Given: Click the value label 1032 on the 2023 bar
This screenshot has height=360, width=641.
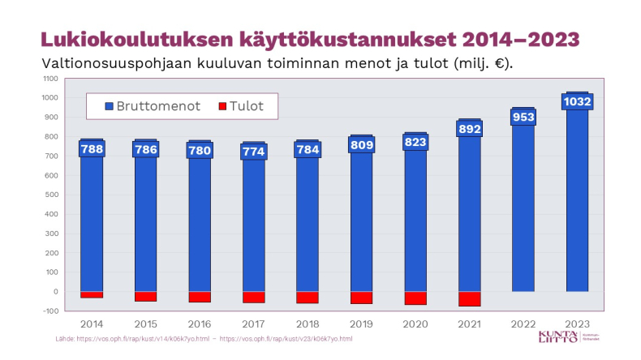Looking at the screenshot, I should pos(578,101).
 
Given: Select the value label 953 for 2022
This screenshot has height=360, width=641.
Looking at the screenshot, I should pos(523,117).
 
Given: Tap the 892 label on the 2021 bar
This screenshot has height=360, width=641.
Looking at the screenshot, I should pos(470,129).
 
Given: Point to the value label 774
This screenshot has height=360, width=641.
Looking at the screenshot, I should pos(253,152).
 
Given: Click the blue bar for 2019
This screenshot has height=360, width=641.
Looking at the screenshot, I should pos(362,227).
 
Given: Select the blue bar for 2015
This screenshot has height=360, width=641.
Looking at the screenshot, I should pos(145,227).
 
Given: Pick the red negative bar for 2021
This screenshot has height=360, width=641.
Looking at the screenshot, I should pos(470,298).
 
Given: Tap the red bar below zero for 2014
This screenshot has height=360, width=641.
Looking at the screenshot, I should pos(91,294).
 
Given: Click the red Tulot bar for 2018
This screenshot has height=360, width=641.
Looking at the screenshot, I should pos(308,298).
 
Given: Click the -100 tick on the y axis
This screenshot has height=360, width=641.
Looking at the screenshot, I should pos(50,311).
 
